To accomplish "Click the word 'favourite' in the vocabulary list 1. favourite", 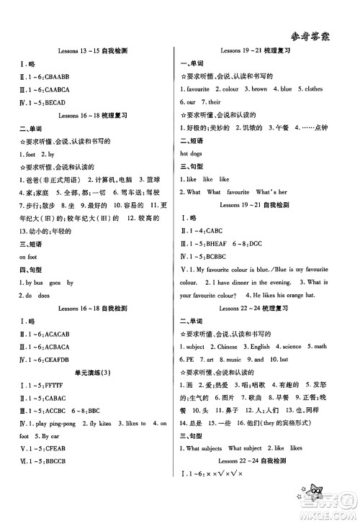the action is (x=199, y=90).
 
